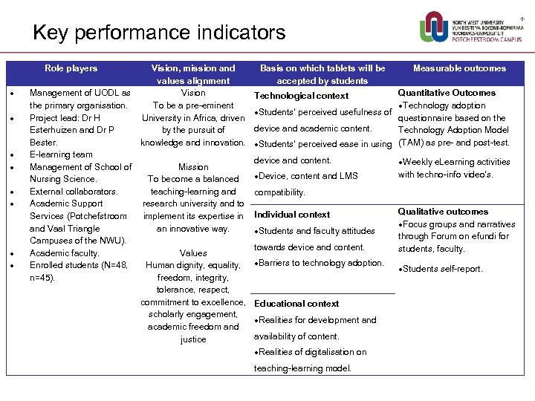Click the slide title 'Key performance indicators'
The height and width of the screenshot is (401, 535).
[x=159, y=33]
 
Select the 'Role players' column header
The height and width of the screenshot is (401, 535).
[x=71, y=68]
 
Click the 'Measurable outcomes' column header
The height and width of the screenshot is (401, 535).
[x=459, y=68]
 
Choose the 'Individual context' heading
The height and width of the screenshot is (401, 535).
[x=292, y=215]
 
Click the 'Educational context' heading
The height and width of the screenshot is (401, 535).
[x=296, y=304]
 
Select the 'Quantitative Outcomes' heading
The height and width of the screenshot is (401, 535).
[x=447, y=93]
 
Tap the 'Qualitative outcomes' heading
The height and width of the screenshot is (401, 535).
[x=443, y=212]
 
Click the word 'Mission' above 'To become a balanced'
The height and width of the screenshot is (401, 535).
[x=193, y=167]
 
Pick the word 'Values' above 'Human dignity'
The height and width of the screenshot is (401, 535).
[x=193, y=253]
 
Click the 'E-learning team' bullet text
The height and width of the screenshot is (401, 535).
[x=61, y=154]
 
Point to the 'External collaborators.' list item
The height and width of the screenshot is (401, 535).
[x=74, y=192]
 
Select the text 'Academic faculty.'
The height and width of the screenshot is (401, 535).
[x=64, y=253]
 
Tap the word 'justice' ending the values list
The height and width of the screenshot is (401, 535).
[x=193, y=339]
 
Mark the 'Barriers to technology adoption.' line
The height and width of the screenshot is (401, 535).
[x=320, y=263]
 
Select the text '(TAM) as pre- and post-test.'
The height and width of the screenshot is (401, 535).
[x=454, y=143]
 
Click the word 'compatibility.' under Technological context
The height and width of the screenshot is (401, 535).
[x=279, y=192]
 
